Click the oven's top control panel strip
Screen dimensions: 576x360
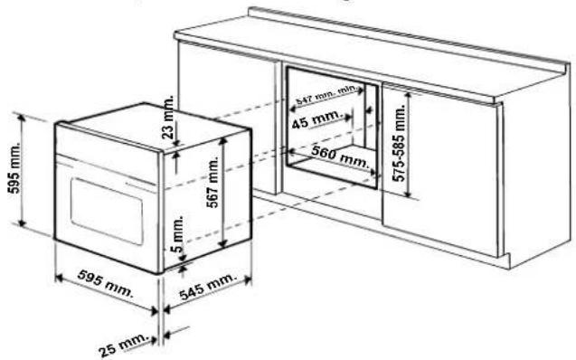pos(107,155)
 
